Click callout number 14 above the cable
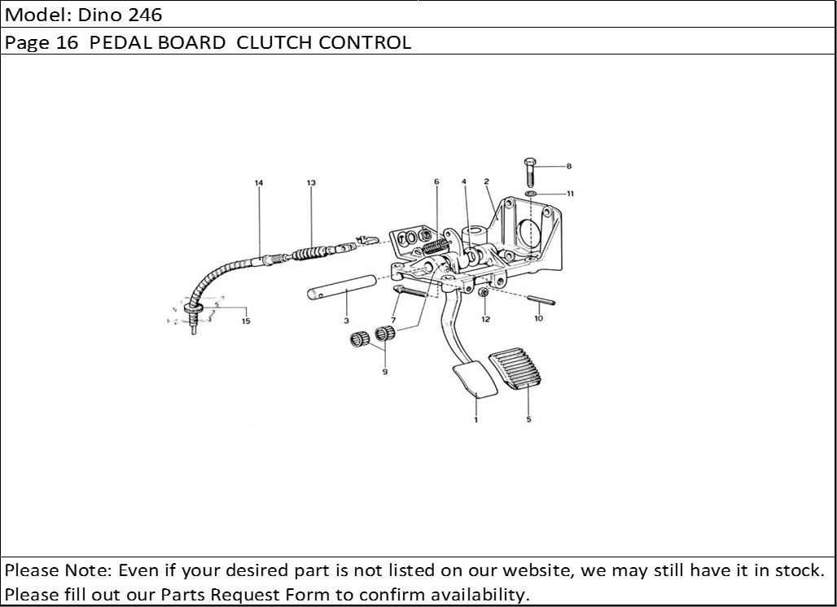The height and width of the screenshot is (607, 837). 259,183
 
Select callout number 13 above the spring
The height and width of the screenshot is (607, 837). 311,183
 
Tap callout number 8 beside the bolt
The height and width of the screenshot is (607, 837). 569,166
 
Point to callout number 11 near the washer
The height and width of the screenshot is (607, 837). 571,194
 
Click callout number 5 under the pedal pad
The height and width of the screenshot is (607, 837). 528,420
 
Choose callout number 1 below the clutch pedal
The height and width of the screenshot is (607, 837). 475,420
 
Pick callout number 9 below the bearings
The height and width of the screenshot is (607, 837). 384,372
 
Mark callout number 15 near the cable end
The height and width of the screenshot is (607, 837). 246,321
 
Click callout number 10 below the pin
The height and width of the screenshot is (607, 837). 538,319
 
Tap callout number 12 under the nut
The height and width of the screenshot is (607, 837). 485,319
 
